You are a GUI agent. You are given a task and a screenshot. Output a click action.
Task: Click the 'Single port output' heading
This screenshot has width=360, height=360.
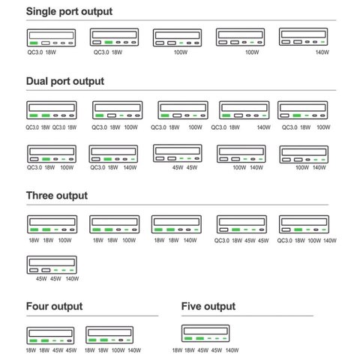click(69, 12)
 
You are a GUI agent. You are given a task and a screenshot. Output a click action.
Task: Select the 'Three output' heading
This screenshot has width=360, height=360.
click(57, 196)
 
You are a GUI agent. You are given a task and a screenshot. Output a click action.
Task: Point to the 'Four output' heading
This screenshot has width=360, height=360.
click(54, 307)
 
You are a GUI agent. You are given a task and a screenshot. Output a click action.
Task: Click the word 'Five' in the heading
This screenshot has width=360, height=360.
click(191, 306)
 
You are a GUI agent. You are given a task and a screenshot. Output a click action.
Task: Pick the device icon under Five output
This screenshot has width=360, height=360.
click(205, 333)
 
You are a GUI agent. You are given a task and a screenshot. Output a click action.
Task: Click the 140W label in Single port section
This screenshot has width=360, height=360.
click(322, 52)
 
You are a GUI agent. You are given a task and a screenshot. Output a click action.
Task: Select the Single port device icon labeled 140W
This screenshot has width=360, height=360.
click(303, 37)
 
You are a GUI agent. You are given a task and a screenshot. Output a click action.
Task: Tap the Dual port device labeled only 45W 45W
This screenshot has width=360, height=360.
click(178, 153)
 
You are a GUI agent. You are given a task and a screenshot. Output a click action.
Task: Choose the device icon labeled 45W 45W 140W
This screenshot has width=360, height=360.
click(52, 265)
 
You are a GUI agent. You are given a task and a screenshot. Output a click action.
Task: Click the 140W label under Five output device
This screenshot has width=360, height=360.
click(232, 350)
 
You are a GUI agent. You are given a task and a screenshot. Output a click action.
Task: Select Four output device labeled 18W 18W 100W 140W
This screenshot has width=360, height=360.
click(109, 334)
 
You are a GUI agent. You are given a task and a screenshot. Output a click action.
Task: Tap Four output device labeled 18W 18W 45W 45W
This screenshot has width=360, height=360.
click(50, 335)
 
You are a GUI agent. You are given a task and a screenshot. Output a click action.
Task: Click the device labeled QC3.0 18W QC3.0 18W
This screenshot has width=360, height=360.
click(52, 110)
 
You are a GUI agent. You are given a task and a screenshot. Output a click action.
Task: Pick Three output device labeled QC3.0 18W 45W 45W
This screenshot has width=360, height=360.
click(241, 224)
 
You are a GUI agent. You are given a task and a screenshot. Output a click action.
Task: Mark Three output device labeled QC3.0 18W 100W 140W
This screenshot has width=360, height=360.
click(304, 224)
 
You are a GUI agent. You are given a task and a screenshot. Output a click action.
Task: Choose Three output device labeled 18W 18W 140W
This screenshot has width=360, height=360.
click(176, 224)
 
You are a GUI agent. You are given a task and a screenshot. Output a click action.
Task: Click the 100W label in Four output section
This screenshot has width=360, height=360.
click(118, 350)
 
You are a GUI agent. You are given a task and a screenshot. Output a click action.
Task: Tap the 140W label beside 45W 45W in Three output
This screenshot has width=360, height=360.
click(72, 278)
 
